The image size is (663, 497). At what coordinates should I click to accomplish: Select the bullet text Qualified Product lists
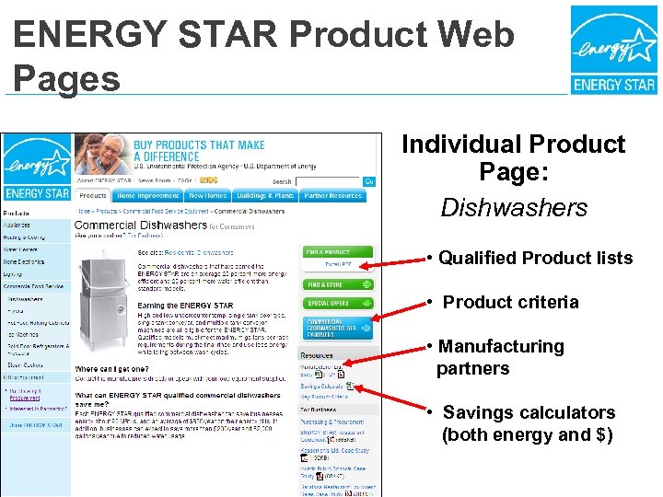(x=535, y=259)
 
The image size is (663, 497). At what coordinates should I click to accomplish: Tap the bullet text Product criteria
(x=511, y=303)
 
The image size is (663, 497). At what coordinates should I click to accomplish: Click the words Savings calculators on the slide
(x=529, y=413)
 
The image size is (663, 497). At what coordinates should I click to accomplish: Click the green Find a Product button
(x=338, y=252)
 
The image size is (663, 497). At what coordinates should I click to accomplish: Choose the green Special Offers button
(x=338, y=304)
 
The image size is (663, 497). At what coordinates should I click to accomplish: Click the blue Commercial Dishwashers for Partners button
(x=338, y=328)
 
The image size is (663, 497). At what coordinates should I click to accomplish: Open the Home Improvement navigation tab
(x=148, y=196)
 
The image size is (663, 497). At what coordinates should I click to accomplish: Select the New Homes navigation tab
(x=208, y=196)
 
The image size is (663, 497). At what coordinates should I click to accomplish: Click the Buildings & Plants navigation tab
(x=265, y=196)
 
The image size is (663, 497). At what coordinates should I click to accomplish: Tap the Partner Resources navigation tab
(x=333, y=196)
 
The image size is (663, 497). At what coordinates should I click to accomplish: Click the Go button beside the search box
(x=369, y=181)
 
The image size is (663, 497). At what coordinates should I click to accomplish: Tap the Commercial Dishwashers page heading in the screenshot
(x=140, y=225)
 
